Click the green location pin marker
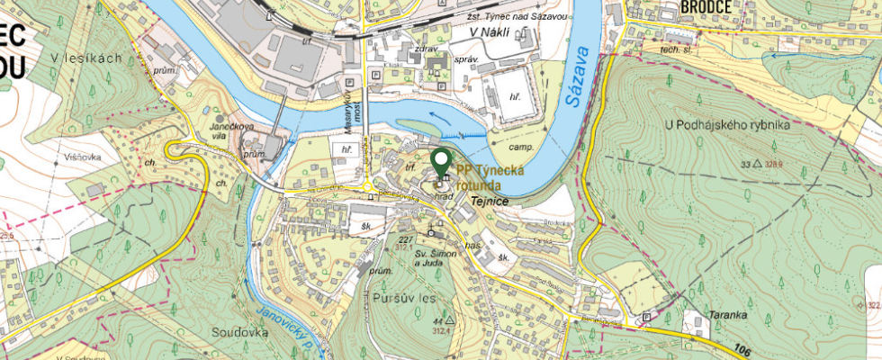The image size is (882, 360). (441, 162)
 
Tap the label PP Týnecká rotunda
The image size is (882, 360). (491, 177)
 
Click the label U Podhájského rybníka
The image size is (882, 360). (727, 124)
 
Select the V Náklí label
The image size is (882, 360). (490, 32)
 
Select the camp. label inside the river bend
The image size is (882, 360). (522, 147)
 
